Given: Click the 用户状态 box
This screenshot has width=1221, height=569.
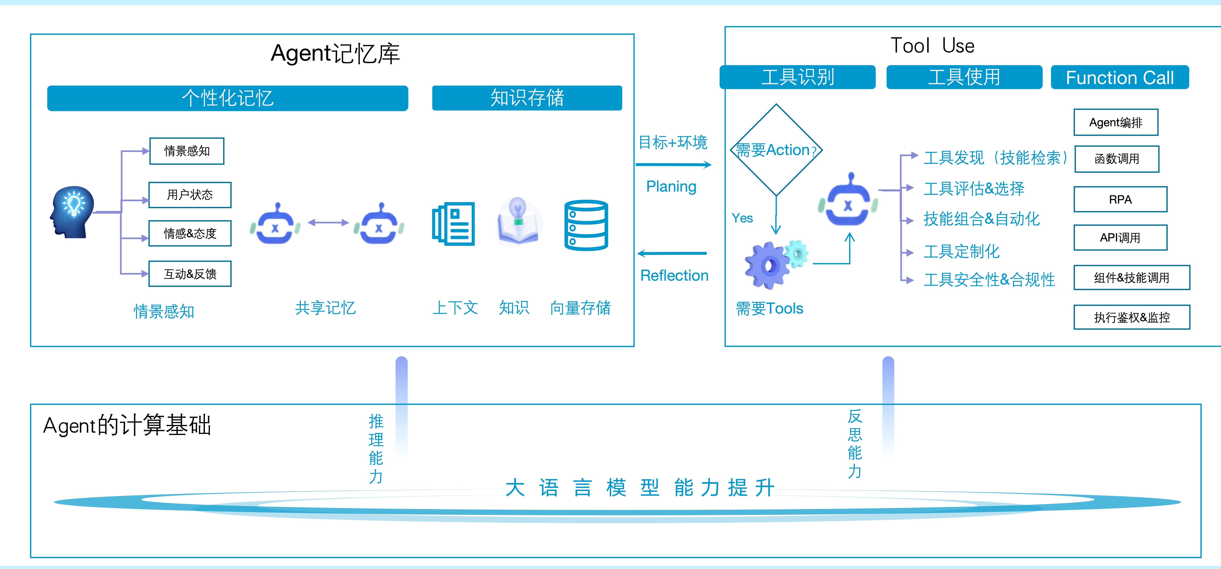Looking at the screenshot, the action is (x=190, y=195).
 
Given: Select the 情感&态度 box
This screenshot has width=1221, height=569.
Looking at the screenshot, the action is (x=190, y=233).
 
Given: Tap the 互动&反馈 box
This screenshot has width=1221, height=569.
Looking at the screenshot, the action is (x=190, y=274).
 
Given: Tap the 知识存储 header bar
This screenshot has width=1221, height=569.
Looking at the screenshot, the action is (x=527, y=98).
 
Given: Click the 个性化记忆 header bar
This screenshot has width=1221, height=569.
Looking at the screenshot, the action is (x=227, y=98).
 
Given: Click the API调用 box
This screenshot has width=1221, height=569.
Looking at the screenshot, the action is (x=1121, y=238).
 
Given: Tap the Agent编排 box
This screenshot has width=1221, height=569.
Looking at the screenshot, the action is (x=1116, y=122).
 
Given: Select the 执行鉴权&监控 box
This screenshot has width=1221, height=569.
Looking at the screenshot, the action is (x=1132, y=317).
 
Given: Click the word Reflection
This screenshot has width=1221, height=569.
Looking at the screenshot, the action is (x=674, y=276).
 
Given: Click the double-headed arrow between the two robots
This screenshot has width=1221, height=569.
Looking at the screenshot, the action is (x=328, y=222).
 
